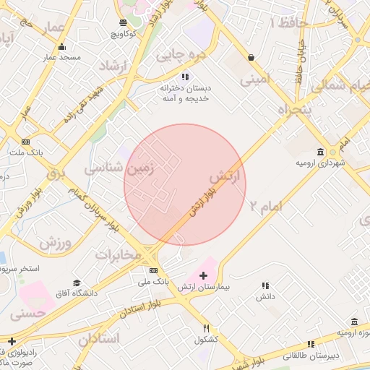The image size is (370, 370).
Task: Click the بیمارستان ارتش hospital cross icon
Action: click(203, 275)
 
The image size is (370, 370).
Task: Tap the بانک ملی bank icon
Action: click(142, 270)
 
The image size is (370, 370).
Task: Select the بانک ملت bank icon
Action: click(26, 142)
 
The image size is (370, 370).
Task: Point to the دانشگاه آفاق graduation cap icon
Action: click(77, 283)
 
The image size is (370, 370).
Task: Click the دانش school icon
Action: click(265, 285)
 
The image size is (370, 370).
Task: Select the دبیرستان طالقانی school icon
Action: click(310, 344)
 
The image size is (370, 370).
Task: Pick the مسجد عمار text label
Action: click(61, 57)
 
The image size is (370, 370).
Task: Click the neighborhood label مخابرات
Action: click(116, 255)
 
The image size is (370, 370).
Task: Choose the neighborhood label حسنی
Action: click(28, 314)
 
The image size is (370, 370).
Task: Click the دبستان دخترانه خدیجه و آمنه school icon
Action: click(186, 76)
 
